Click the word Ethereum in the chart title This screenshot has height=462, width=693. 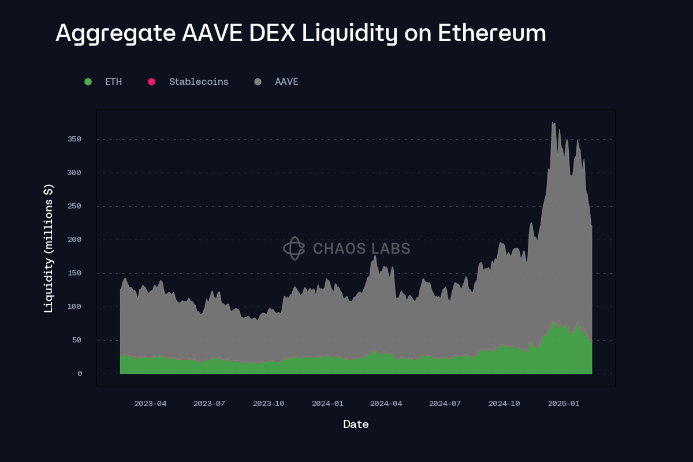click(x=491, y=33)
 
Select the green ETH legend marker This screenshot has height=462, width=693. click(x=88, y=82)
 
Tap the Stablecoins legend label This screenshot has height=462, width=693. click(x=199, y=82)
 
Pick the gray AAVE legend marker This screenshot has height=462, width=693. click(x=258, y=82)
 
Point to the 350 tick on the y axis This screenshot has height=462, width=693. click(x=74, y=139)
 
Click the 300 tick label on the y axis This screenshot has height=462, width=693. click(x=74, y=173)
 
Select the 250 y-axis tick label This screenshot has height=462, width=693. click(x=74, y=206)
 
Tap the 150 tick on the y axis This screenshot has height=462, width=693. click(x=74, y=273)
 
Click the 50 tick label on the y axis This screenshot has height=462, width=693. click(x=77, y=340)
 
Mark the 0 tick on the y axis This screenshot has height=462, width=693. click(x=80, y=374)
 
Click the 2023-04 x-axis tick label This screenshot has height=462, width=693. click(x=150, y=404)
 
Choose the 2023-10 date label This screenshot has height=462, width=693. click(x=269, y=404)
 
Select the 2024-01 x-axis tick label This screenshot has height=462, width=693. click(x=327, y=404)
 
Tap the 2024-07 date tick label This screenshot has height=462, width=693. click(x=445, y=404)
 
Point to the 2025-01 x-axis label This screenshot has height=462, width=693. click(x=563, y=404)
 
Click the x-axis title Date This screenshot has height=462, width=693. click(x=356, y=424)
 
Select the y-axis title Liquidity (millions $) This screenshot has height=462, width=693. click(x=49, y=248)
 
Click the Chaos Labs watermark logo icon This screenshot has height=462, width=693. click(x=293, y=248)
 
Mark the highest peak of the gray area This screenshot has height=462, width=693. click(x=553, y=122)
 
